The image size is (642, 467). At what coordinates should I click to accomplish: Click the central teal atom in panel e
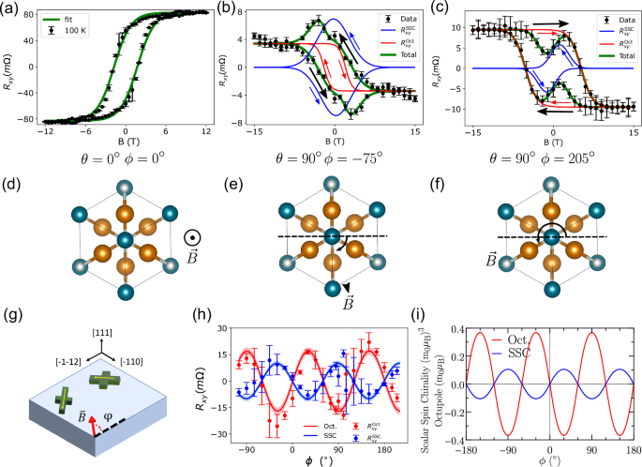333,235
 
